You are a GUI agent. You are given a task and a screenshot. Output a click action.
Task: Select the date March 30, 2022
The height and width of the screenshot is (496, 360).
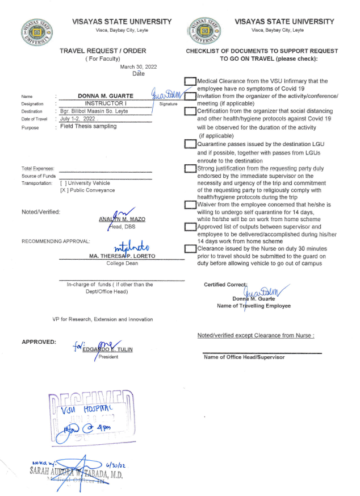[138, 67]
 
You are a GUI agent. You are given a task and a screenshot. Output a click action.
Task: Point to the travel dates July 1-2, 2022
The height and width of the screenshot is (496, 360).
[79, 119]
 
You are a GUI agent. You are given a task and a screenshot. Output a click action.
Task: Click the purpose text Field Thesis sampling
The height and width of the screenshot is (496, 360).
[88, 126]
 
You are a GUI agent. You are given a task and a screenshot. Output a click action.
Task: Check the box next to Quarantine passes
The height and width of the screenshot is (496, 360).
[190, 144]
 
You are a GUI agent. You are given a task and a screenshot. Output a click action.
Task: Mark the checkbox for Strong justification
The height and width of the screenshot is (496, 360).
[190, 169]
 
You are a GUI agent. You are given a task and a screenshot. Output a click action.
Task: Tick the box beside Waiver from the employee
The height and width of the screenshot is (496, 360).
[190, 204]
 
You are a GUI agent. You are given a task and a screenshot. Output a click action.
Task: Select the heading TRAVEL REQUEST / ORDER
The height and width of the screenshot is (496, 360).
[103, 51]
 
